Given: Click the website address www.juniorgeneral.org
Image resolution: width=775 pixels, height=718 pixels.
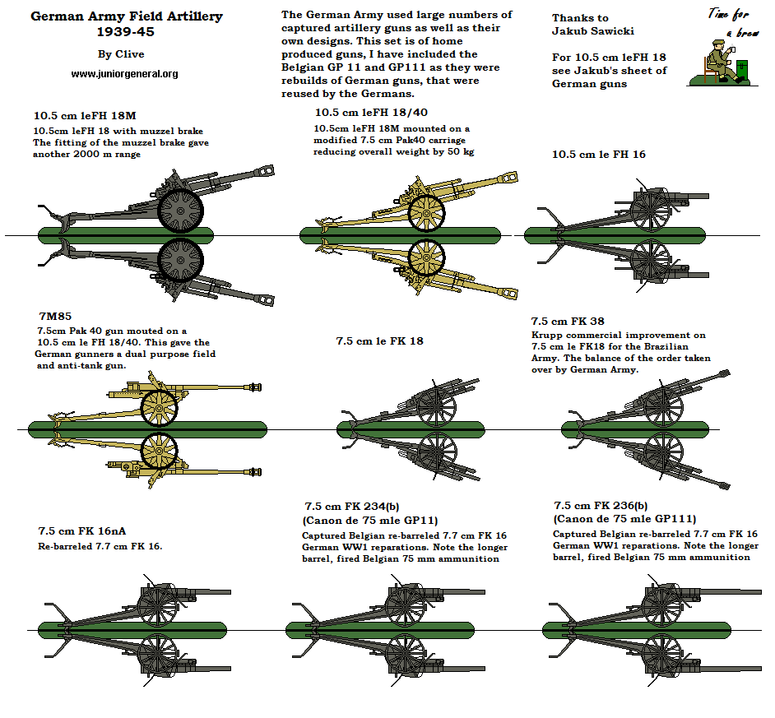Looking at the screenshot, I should coord(125,73).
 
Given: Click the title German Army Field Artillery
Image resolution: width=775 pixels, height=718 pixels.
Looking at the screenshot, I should coord(126,16).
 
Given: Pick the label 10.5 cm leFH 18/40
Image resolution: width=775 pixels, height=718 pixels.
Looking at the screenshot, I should coord(371,113).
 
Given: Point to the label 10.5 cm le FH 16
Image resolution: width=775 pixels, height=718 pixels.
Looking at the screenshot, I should coord(598,155).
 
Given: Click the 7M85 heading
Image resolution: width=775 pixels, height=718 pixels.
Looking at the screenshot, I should coord(55,317).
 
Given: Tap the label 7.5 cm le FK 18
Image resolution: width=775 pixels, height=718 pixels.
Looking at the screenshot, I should coord(380,340).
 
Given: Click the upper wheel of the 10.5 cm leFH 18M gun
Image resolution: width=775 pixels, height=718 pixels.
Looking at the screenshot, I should coord(180,211).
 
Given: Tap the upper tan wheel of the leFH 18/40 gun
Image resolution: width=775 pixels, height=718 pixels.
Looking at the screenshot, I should coord(427,211).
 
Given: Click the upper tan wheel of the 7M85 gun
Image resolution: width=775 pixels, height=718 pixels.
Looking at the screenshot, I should coord(160,406).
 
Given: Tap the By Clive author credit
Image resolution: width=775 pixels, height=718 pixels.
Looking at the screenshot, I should coord(120,54).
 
